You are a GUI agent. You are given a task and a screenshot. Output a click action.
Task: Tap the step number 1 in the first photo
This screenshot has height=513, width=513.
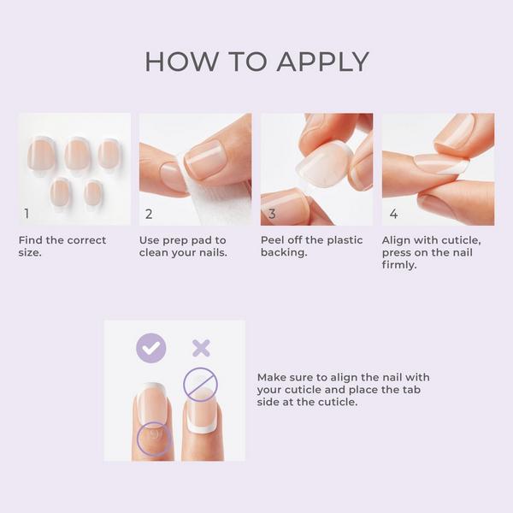tap(27, 213)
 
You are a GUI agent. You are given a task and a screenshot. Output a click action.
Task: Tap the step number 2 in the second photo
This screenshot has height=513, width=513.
tap(149, 214)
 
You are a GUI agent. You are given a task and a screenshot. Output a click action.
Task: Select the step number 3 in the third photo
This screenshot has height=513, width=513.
tap(271, 214)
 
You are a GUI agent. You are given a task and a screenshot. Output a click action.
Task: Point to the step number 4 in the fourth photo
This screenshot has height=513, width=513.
tap(393, 214)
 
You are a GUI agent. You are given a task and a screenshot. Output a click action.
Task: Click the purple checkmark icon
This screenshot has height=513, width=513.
tap(151, 347)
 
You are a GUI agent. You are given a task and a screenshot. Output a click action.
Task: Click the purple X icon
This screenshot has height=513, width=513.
tap(201, 347)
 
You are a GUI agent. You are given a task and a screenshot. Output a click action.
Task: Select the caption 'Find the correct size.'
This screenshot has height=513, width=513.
tap(62, 246)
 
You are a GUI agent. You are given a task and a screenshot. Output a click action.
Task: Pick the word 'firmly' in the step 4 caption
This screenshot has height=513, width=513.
tap(400, 265)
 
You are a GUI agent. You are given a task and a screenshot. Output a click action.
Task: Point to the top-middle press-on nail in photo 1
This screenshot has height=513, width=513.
tap(77, 155)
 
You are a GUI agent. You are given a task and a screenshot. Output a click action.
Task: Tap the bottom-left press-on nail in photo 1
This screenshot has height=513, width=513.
tap(60, 192)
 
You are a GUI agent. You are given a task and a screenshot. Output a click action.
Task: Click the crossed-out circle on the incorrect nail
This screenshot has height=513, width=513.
tap(201, 384)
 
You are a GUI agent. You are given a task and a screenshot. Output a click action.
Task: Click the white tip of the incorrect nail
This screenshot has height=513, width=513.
tap(203, 424)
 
